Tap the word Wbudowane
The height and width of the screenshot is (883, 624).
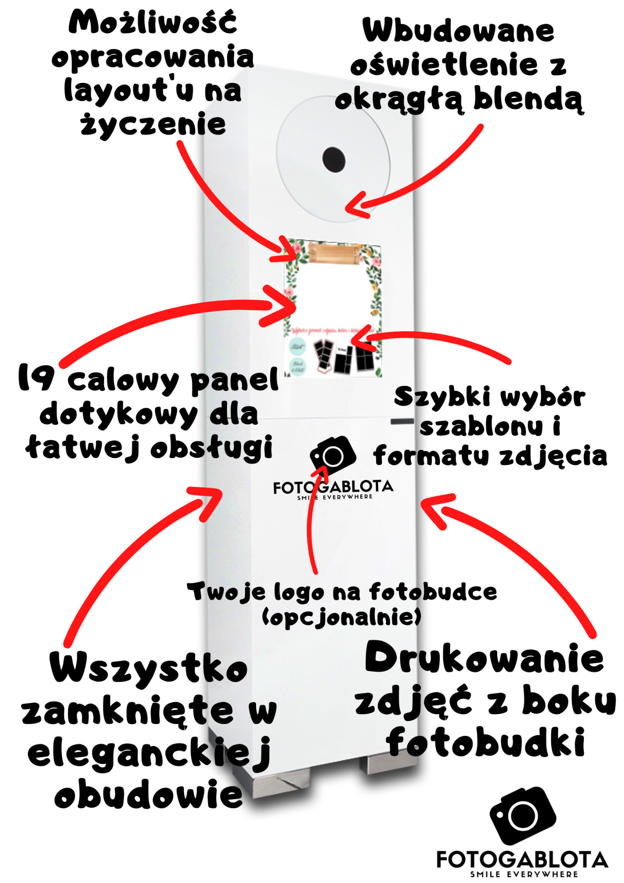pos(458,31)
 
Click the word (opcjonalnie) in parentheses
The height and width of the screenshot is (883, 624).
pos(341,617)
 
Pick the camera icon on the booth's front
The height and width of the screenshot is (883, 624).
pos(333,456)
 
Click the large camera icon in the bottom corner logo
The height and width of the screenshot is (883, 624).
pos(523,815)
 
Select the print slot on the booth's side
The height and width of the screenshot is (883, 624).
pos(402,422)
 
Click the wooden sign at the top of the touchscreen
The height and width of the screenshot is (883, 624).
pos(334,253)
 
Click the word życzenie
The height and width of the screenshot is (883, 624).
pos(153,125)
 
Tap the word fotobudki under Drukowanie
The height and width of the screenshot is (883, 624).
pos(486,743)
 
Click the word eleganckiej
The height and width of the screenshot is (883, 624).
pos(148,754)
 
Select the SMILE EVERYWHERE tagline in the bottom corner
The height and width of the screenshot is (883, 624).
pos(524,874)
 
